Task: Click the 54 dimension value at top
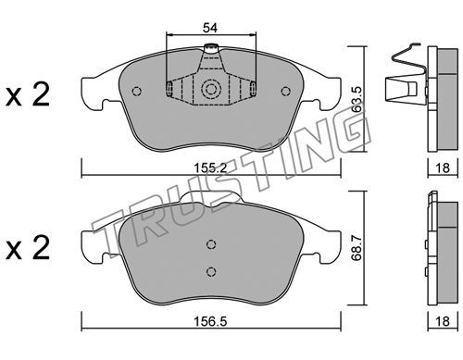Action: click(x=210, y=28)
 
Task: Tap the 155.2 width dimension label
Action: click(x=210, y=168)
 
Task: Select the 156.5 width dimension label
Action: click(x=210, y=321)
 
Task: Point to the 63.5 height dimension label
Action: click(x=357, y=99)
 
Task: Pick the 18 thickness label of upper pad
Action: click(x=443, y=168)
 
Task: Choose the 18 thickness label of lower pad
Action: click(x=443, y=321)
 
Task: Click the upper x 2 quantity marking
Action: click(x=28, y=95)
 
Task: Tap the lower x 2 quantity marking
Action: click(x=28, y=247)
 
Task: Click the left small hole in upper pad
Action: click(x=136, y=91)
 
